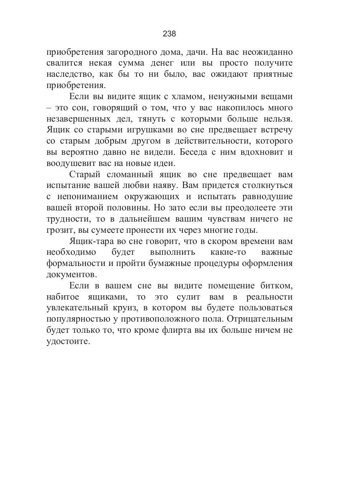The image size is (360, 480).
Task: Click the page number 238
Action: [x=169, y=34]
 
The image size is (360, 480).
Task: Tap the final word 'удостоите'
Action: [x=68, y=342]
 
